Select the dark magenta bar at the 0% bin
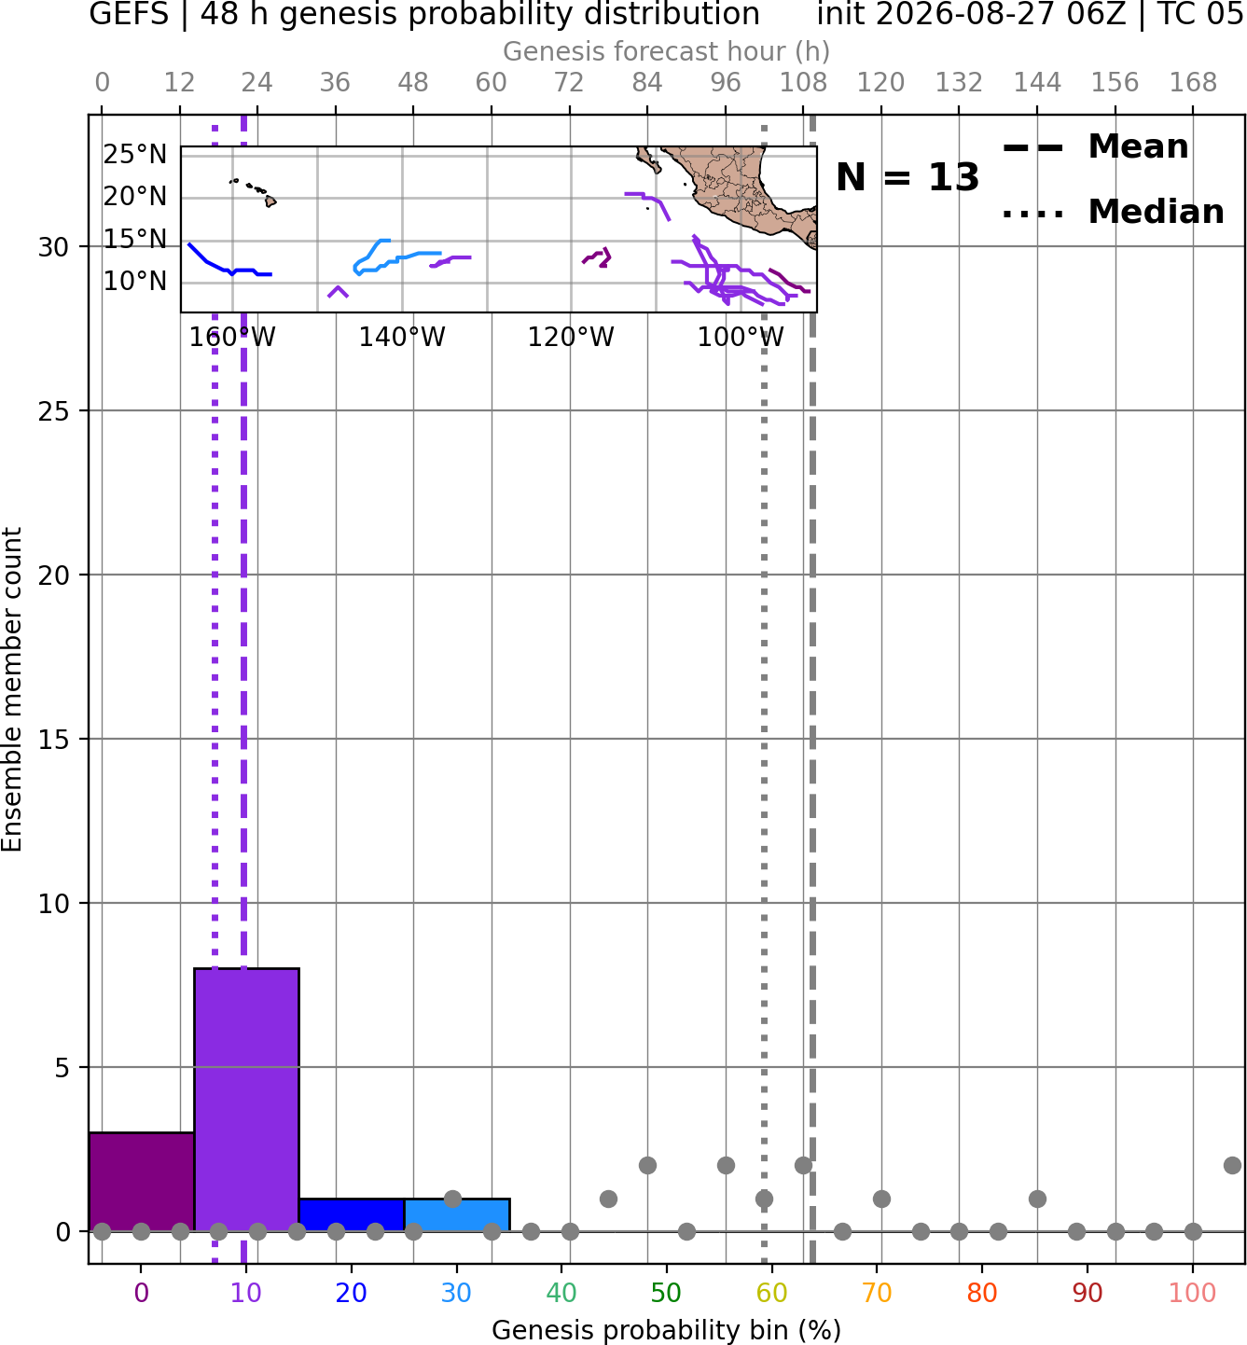click(x=142, y=1181)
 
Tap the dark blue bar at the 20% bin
click(x=352, y=1214)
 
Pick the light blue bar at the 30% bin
click(x=457, y=1214)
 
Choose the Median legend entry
click(x=1113, y=212)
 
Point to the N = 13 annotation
click(x=908, y=177)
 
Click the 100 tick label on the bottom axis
click(x=1193, y=1293)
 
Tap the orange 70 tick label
click(x=877, y=1293)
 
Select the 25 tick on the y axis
click(x=54, y=411)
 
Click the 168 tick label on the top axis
click(x=1193, y=83)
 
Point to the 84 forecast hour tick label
click(x=647, y=83)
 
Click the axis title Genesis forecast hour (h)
click(x=667, y=51)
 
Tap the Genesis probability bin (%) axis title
click(x=667, y=1330)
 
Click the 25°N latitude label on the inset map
click(x=135, y=155)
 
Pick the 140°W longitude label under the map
click(x=402, y=337)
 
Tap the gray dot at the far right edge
click(x=1232, y=1165)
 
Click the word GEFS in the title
click(x=129, y=14)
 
